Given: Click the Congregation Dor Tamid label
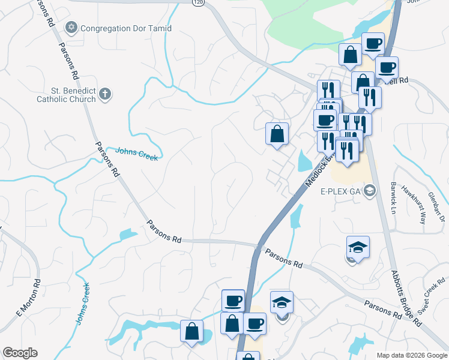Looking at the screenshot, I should coord(125,28).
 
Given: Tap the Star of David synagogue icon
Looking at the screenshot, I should coord(71,28).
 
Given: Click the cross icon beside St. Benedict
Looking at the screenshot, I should coord(105,94).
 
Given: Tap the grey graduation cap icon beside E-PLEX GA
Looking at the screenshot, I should coord(370,191).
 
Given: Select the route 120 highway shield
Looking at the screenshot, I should coord(197,3).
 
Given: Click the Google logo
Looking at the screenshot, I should coord(20,353).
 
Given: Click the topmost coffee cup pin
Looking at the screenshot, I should coord(373,44).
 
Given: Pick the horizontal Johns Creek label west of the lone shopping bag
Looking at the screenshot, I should coord(137,154).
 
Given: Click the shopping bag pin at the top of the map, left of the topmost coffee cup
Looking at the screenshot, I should coord(350,55).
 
